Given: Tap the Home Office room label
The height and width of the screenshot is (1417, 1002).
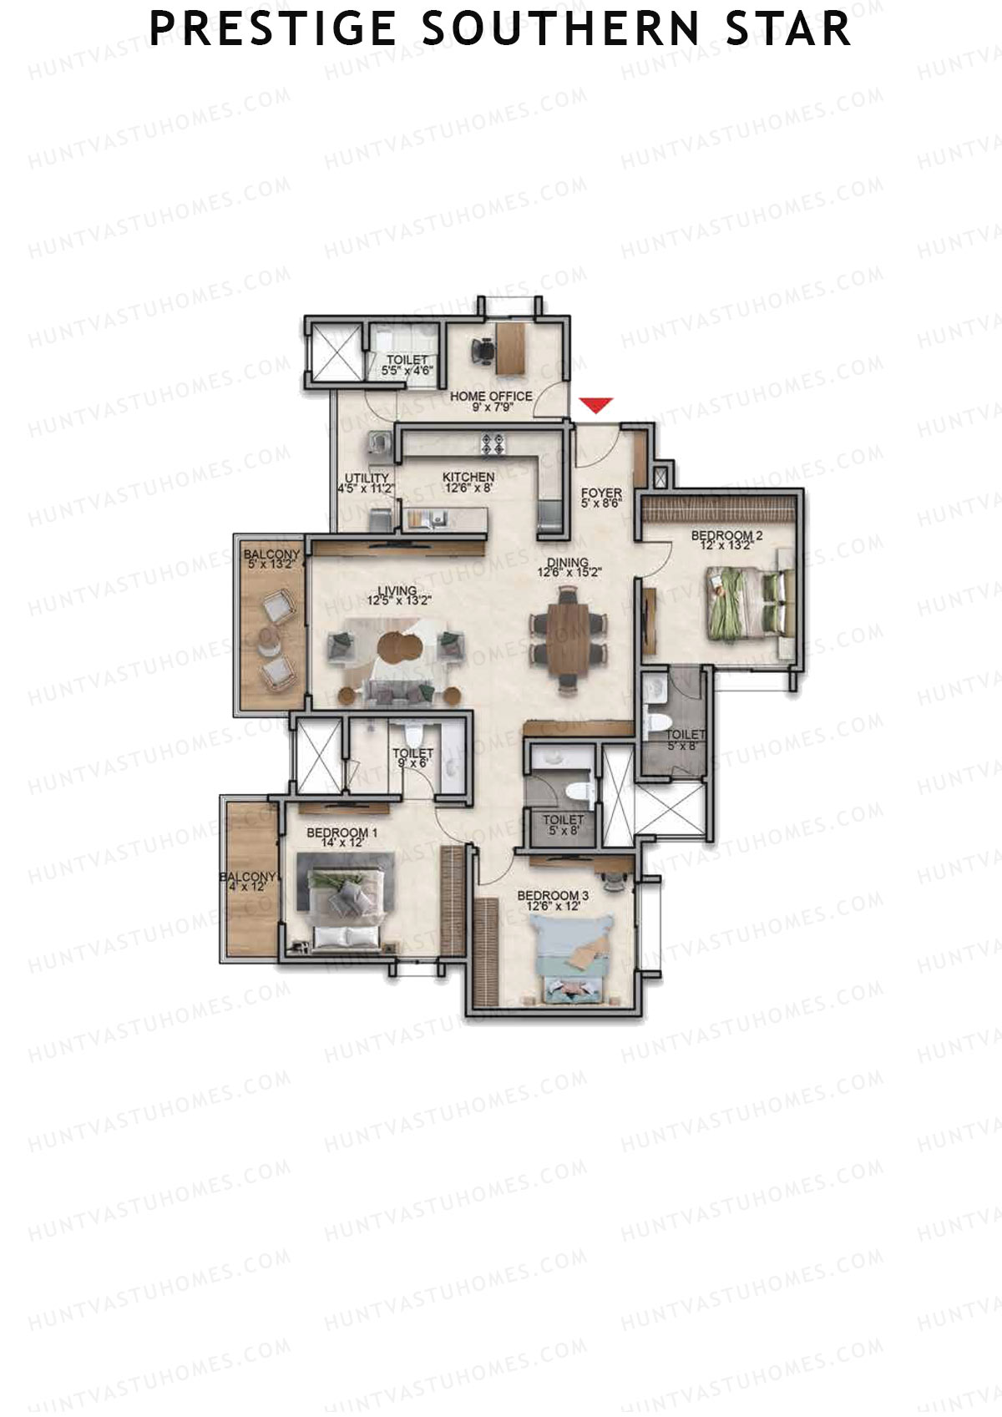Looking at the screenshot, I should pyautogui.click(x=491, y=396).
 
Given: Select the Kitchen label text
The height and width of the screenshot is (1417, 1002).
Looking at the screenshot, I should pyautogui.click(x=468, y=477).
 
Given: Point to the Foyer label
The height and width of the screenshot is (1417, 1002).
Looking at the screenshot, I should pyautogui.click(x=601, y=493).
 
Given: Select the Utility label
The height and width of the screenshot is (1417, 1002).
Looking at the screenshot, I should pyautogui.click(x=367, y=478).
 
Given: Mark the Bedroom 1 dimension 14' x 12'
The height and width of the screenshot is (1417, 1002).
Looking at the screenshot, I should pyautogui.click(x=342, y=843).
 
